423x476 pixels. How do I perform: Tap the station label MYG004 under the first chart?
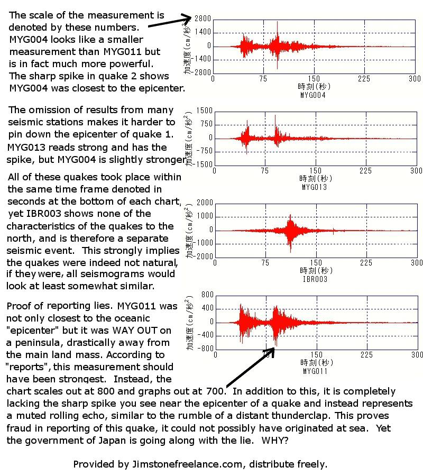click(312, 95)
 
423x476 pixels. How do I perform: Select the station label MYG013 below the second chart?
click(314, 187)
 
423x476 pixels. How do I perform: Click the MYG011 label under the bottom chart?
click(315, 371)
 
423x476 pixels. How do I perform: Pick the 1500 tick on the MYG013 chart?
click(204, 111)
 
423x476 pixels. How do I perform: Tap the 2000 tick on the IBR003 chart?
click(204, 203)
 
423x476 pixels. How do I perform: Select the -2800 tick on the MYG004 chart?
click(202, 72)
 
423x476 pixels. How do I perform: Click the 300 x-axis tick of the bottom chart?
click(417, 354)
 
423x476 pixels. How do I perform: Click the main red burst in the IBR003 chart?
click(290, 230)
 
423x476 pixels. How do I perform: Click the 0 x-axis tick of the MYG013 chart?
click(215, 171)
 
